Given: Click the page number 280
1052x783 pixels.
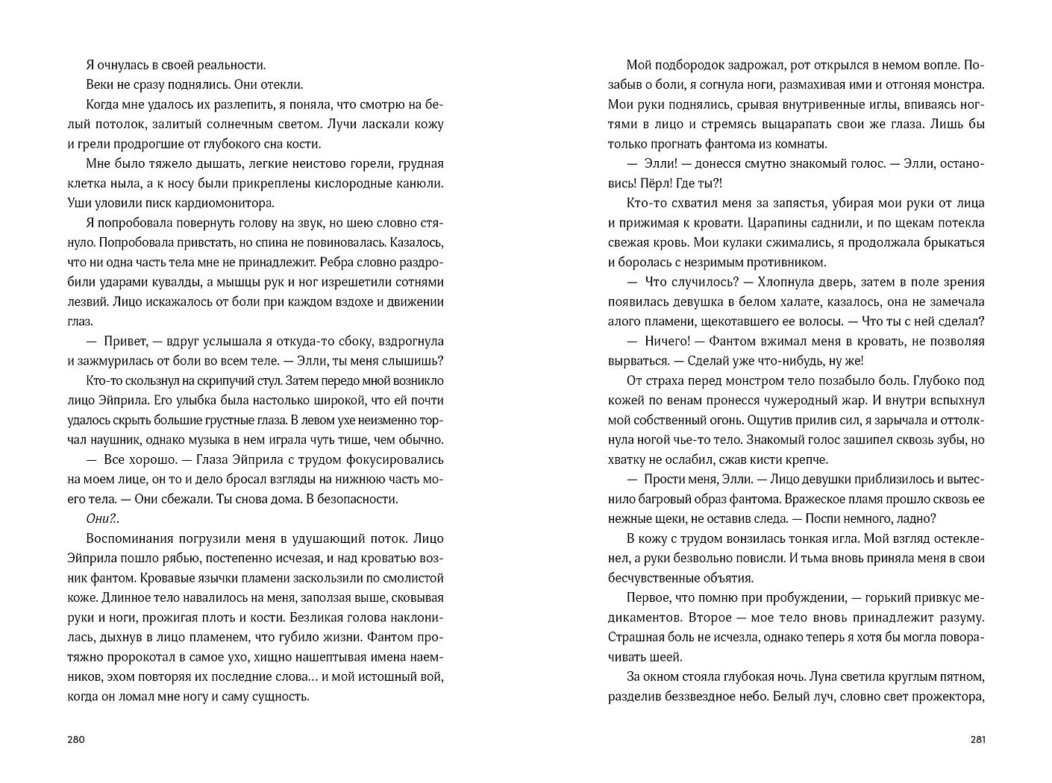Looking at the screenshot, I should coord(76,740).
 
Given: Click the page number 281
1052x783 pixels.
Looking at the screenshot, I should coord(978,740).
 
